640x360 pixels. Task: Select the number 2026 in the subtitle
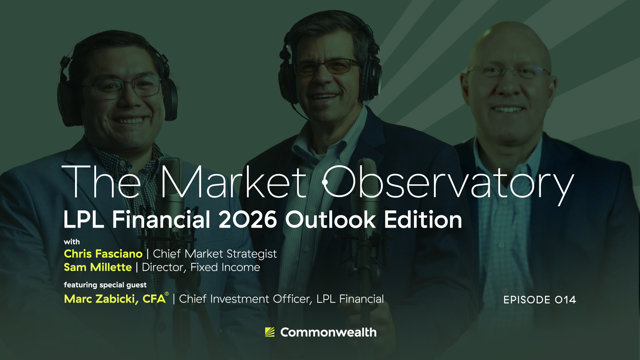247,220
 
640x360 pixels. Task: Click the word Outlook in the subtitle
330,220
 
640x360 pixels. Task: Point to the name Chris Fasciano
103,254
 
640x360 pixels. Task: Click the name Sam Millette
98,267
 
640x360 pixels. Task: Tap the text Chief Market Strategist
215,254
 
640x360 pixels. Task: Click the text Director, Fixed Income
201,267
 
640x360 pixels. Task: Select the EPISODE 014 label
540,300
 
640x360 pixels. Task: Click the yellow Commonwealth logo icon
270,332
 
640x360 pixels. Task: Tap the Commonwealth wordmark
328,332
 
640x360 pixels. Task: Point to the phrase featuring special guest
105,285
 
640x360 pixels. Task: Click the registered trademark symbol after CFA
167,294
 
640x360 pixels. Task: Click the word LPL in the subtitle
84,220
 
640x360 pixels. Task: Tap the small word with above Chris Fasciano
72,242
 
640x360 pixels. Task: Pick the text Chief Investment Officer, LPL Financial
281,299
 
